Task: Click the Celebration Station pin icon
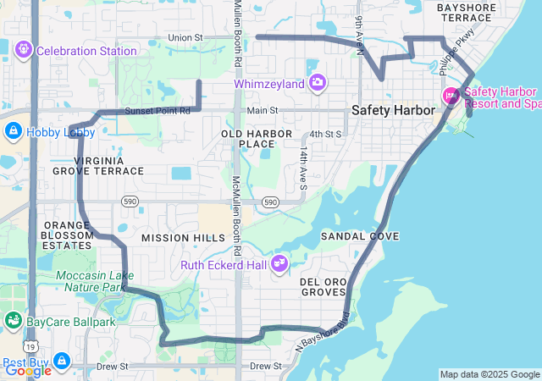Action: (x=23, y=51)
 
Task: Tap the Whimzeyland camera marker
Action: (x=318, y=83)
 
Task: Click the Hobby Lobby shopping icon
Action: (x=13, y=131)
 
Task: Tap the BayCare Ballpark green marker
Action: (x=13, y=321)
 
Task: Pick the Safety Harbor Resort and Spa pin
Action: (x=451, y=96)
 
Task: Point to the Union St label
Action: (x=185, y=38)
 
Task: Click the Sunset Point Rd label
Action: (x=158, y=111)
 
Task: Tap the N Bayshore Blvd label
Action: (x=323, y=334)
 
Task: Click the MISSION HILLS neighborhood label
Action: (x=183, y=238)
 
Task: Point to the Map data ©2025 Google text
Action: (x=489, y=374)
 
